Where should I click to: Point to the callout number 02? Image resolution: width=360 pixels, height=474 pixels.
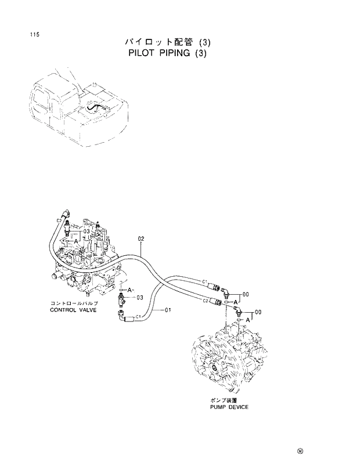click(x=141, y=238)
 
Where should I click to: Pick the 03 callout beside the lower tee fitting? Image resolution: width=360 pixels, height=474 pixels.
click(x=139, y=298)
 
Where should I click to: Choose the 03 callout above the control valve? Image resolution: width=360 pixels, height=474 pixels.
click(x=85, y=231)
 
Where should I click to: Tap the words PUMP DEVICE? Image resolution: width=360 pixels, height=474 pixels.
click(x=229, y=407)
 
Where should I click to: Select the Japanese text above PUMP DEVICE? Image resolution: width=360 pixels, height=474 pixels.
click(x=224, y=400)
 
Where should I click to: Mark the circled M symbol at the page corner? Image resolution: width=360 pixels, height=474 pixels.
click(x=300, y=450)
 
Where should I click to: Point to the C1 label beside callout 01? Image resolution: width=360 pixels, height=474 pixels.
click(x=139, y=316)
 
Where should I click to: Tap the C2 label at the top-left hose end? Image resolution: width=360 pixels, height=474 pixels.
click(x=59, y=220)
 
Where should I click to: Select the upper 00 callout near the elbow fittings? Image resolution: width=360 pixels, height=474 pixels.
click(x=246, y=294)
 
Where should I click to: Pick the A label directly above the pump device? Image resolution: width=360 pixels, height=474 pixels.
click(x=248, y=320)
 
